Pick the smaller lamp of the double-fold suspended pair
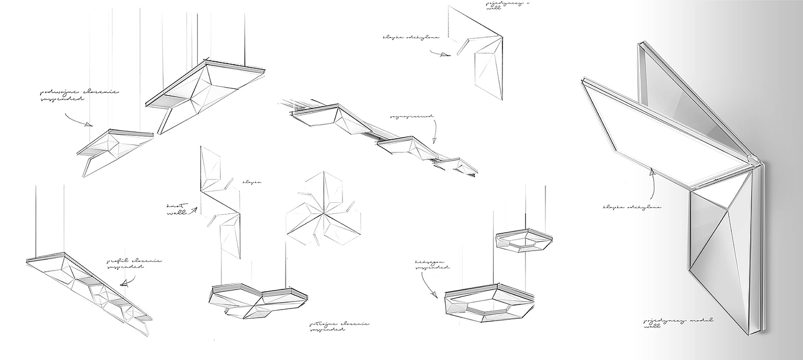point(115,146)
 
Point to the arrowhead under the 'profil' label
point(122,283)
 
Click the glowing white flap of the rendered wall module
point(654,138)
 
